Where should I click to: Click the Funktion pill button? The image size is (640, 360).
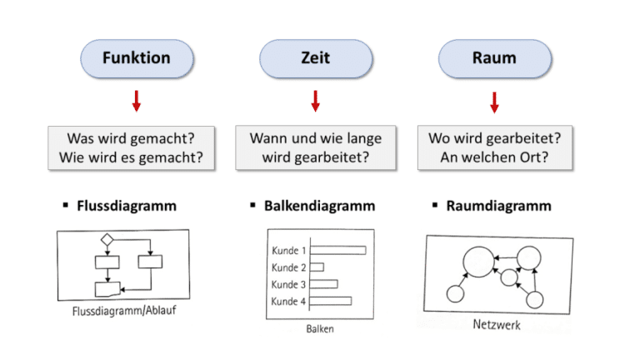coord(137,58)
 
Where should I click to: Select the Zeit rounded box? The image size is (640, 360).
coord(315,58)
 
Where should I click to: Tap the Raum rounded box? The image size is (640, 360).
coord(494,58)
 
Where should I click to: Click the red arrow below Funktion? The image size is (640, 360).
coord(137,102)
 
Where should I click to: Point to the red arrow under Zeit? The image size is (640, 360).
coord(315,102)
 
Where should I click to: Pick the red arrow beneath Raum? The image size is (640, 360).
coord(494,102)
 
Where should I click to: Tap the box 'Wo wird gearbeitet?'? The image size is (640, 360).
coord(494,147)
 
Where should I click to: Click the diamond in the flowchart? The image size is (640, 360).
coord(107,240)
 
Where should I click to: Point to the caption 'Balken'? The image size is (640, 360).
coord(319,329)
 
